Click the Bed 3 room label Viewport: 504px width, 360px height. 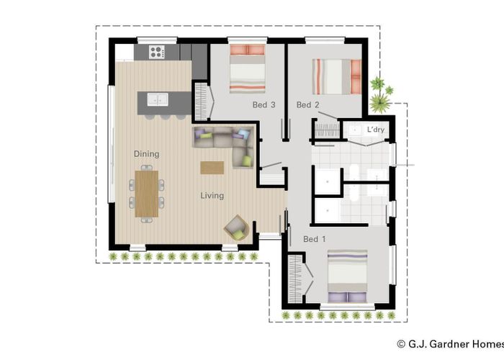264,105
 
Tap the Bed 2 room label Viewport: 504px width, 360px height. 307,105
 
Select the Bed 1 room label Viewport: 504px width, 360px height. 315,239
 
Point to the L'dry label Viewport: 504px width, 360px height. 376,130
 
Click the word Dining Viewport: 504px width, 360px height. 146,154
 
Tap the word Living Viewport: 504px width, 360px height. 212,196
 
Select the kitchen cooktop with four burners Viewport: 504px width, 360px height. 157,52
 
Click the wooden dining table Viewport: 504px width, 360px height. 146,192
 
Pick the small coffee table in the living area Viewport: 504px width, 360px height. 212,167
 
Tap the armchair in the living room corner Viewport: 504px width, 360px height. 236,228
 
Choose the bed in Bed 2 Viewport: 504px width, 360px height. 336,76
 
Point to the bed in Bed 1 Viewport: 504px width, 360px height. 347,276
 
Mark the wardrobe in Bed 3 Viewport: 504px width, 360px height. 201,99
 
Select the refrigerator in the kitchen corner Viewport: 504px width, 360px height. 125,52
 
